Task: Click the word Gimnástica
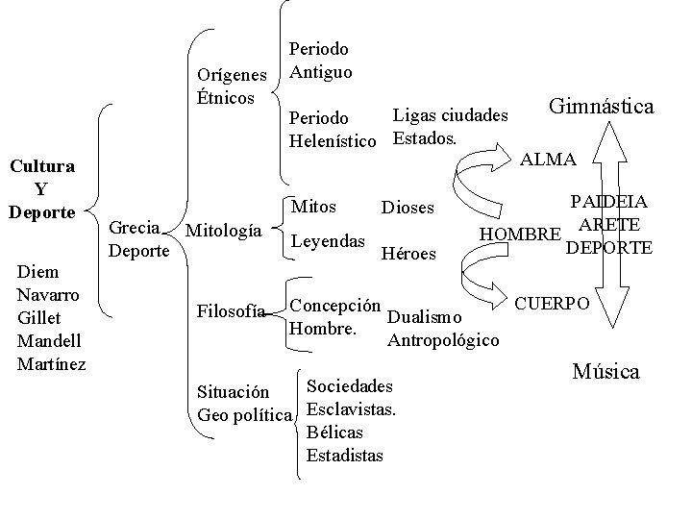(x=601, y=106)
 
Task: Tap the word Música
(x=605, y=372)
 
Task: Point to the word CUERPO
(x=553, y=303)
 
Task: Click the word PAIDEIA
(x=608, y=203)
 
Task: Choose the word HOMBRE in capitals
(x=519, y=234)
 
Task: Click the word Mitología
(x=222, y=231)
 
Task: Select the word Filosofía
(x=230, y=310)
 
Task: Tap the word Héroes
(x=408, y=254)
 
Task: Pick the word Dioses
(x=408, y=208)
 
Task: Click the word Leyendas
(x=328, y=239)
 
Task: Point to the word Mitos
(x=313, y=206)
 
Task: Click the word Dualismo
(x=425, y=316)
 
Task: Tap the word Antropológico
(x=442, y=339)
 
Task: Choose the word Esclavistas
(x=351, y=408)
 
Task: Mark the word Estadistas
(x=344, y=455)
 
